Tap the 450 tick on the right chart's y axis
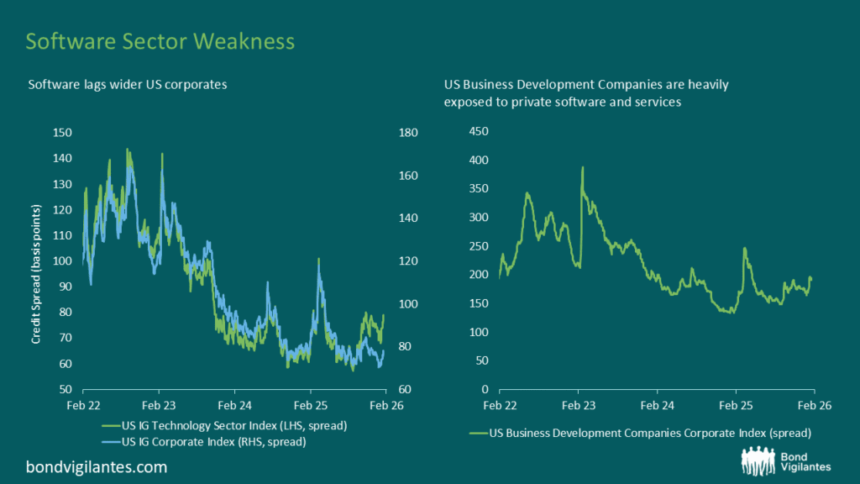point(479,131)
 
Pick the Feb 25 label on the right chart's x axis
point(736,404)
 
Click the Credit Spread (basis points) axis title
point(36,260)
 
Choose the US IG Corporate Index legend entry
point(213,441)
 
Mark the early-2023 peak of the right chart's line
point(582,167)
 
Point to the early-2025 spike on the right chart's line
point(744,249)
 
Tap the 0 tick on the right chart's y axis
point(485,390)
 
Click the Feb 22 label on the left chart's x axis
point(83,404)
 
